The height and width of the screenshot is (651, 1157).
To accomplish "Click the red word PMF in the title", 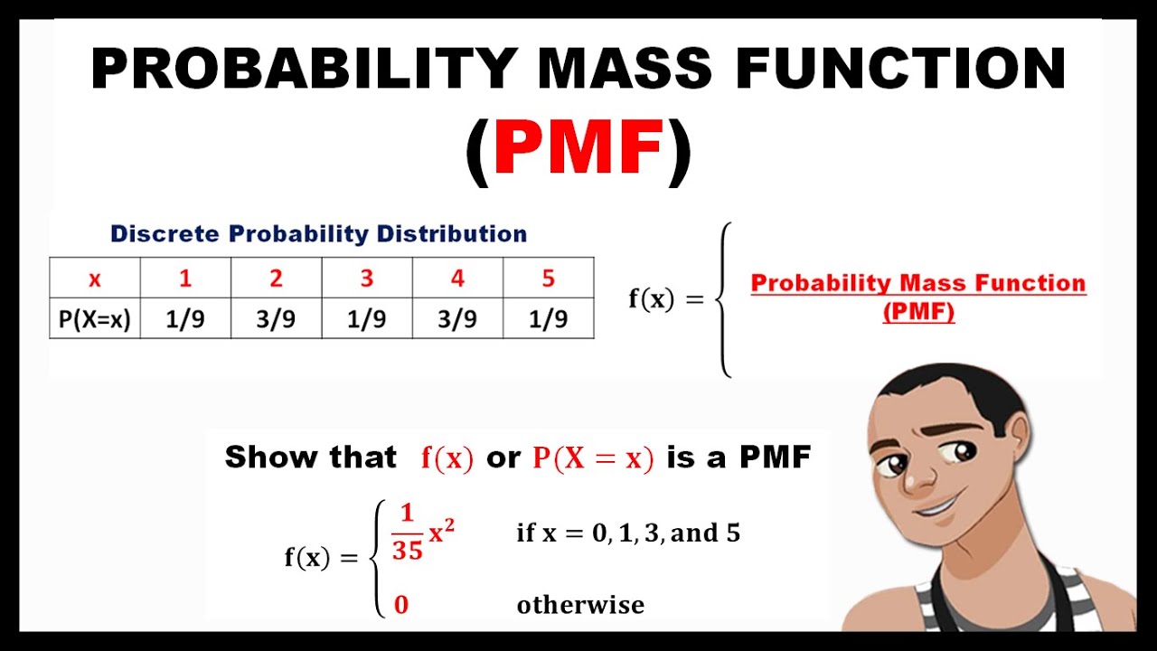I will click(x=578, y=151).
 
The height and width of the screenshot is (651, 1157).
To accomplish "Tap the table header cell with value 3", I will click(x=367, y=278).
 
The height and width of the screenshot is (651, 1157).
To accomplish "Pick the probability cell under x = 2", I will click(x=276, y=320).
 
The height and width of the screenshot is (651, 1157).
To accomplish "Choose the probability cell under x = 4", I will click(x=457, y=320).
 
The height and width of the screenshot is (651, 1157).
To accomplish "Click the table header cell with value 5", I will click(x=548, y=278).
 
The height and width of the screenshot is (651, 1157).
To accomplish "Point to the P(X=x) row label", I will click(x=95, y=320).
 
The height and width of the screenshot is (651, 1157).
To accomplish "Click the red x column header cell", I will click(x=95, y=278).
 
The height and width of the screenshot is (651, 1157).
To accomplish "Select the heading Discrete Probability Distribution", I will click(x=318, y=234).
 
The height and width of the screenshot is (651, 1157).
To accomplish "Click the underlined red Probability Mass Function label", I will click(x=918, y=284).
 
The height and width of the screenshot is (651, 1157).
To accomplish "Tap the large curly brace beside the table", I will click(x=722, y=299).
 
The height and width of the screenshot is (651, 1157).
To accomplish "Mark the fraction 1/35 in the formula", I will click(x=407, y=532).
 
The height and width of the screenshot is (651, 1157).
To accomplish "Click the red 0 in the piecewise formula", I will click(x=401, y=605).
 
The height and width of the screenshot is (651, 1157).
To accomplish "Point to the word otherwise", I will click(x=580, y=605).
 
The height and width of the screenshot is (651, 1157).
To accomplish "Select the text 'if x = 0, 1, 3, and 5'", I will click(x=628, y=533).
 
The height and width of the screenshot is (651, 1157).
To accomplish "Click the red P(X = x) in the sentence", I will click(x=592, y=458).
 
